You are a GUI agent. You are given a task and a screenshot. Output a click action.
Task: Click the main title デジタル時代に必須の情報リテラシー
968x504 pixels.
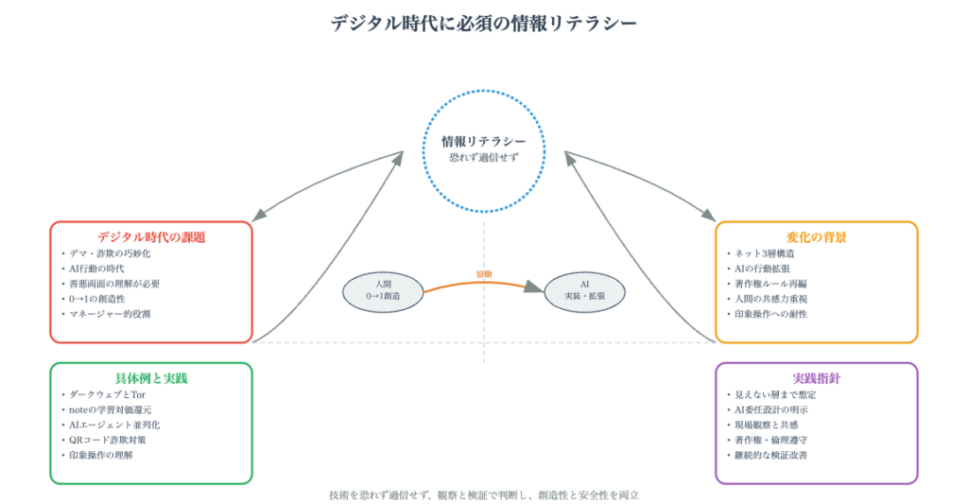click(484, 23)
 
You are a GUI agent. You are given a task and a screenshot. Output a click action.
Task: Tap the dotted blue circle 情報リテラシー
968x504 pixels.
click(484, 148)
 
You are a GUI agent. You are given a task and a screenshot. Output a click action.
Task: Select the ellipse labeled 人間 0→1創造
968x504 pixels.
click(382, 290)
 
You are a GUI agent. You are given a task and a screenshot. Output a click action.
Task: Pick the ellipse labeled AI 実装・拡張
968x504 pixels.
click(585, 290)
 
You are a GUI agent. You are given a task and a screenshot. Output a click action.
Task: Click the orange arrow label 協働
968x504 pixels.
click(484, 274)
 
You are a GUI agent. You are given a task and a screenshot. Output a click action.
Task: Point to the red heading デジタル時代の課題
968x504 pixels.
click(151, 237)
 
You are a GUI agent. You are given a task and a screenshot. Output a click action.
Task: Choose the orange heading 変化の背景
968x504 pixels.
click(816, 237)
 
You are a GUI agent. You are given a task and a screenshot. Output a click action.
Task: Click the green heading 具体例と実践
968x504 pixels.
click(151, 378)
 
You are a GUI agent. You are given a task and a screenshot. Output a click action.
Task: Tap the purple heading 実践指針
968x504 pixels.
click(816, 378)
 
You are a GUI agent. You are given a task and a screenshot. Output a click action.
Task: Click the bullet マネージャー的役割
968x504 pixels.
click(112, 314)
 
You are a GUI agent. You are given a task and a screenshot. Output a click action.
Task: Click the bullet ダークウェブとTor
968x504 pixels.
click(106, 394)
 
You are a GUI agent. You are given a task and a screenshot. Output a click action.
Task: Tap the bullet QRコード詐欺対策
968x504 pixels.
click(108, 440)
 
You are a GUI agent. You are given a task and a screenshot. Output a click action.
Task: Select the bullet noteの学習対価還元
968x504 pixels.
click(112, 409)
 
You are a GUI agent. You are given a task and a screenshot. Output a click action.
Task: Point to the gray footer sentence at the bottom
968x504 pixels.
click(484, 495)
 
